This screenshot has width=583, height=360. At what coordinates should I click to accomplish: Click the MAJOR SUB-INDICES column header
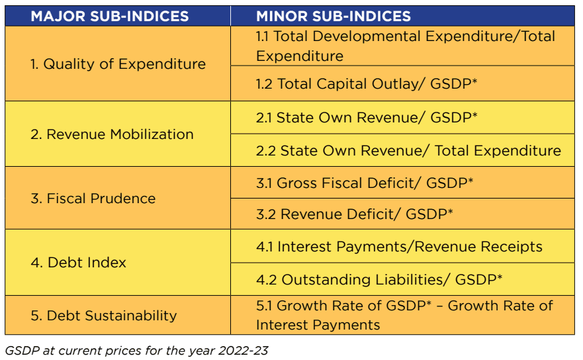[x=109, y=16]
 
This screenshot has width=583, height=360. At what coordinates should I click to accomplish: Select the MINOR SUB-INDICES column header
[x=334, y=16]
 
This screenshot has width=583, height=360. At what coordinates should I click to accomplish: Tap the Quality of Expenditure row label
[x=118, y=64]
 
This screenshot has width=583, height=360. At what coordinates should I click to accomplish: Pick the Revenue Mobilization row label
[x=112, y=134]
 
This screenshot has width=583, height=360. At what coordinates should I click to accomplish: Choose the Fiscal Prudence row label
[x=93, y=199]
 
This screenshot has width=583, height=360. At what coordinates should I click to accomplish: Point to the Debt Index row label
[x=78, y=263]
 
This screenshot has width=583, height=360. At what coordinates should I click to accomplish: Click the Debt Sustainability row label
[x=103, y=315]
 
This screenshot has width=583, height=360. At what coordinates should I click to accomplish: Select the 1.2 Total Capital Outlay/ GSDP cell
[x=367, y=83]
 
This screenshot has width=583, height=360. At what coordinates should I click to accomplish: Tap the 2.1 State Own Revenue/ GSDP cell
[x=367, y=118]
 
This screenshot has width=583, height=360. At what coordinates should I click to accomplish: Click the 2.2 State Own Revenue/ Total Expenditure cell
[x=408, y=151]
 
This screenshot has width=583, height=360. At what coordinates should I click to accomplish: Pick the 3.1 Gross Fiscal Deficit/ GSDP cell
[x=365, y=183]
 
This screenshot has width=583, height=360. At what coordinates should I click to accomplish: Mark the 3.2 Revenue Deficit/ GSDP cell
[x=354, y=214]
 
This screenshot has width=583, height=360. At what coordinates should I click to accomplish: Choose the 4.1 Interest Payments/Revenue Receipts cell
[x=399, y=247]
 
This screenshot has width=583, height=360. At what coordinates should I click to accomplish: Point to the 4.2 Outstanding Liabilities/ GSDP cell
[x=379, y=279]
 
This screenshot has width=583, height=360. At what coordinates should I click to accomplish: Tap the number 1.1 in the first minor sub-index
[x=263, y=36]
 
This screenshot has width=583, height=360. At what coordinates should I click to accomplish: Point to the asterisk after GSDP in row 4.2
[x=499, y=277]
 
